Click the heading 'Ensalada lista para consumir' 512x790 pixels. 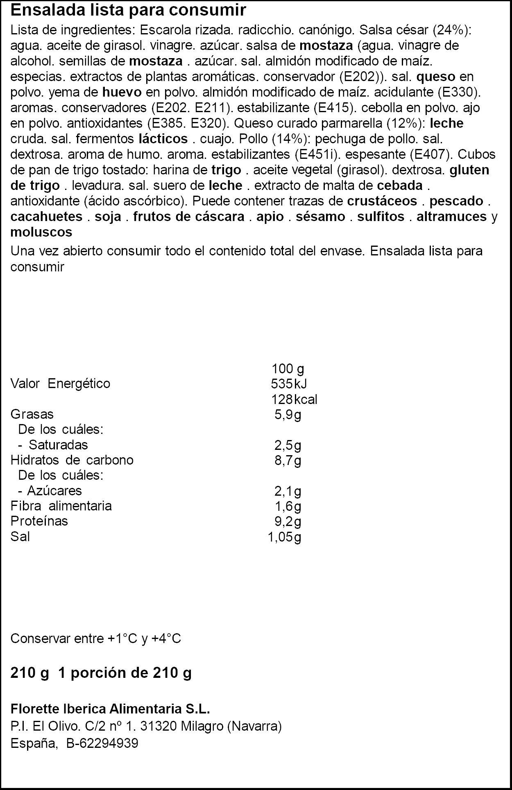coord(128,10)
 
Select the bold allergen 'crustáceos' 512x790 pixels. coord(382,201)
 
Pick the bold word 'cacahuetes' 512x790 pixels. coord(47,217)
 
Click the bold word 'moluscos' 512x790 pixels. coord(41,232)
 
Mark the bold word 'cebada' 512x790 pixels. coord(399,185)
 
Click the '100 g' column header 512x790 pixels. coord(288,369)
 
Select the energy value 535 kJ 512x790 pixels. coord(289,384)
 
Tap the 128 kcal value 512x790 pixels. coord(294,399)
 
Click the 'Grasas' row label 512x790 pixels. coord(32,414)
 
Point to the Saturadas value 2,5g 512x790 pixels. coord(288,445)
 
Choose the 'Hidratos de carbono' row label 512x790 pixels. coord(72,460)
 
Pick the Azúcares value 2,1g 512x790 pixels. coord(288,491)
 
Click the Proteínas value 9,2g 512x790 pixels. coord(288,521)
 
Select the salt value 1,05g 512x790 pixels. coord(284,537)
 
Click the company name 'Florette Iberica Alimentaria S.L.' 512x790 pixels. coord(110,709)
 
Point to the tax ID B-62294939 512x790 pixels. coord(102,743)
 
